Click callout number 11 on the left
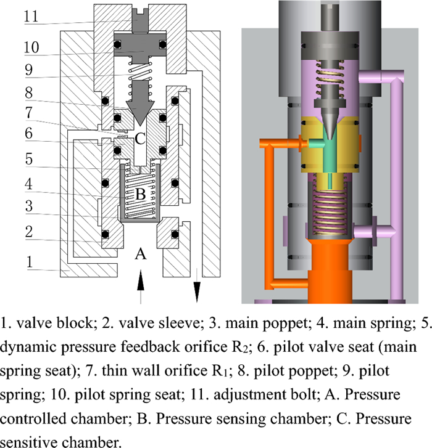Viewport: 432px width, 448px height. [31, 16]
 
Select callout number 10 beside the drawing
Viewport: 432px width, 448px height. [31, 47]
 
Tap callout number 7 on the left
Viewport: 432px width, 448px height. [29, 113]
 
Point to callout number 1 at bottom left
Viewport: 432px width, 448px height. [30, 262]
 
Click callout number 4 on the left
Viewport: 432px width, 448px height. [28, 184]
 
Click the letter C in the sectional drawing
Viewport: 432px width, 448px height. [140, 139]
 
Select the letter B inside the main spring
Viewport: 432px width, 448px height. [141, 194]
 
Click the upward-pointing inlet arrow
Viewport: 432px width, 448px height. [141, 287]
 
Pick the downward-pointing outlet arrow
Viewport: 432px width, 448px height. [197, 285]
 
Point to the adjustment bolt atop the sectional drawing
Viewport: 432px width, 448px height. [140, 20]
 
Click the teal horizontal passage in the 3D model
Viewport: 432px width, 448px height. [316, 143]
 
